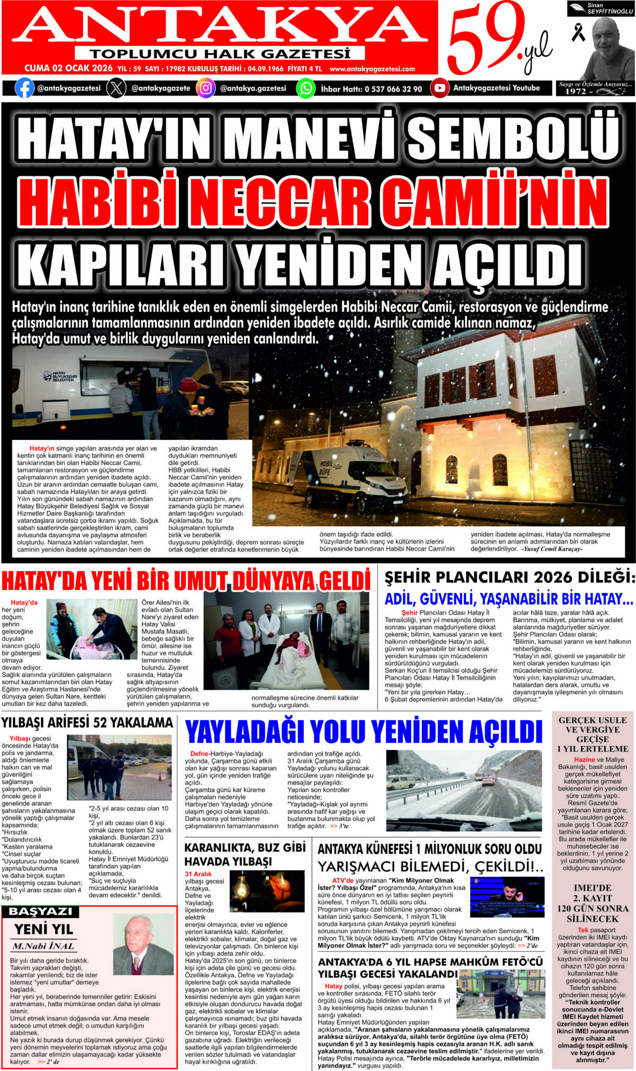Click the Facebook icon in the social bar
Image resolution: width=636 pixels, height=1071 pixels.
point(24,88)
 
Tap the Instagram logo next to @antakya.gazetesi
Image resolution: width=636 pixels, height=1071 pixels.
point(206,88)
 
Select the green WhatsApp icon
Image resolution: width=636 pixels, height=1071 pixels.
point(305,88)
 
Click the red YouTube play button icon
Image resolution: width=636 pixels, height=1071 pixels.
point(439,88)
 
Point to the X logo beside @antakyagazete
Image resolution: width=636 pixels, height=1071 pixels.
point(116,88)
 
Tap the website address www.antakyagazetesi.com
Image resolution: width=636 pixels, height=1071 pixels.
point(372,69)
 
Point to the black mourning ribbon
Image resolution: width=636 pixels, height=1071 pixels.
point(578,32)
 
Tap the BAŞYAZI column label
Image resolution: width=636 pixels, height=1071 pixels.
point(40,912)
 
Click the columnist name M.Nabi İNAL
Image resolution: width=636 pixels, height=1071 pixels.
point(43,946)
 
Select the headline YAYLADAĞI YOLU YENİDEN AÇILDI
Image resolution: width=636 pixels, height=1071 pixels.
point(364,732)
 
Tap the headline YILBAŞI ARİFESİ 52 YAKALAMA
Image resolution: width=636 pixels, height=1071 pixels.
point(87,723)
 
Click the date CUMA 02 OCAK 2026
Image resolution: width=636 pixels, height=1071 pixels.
point(68,68)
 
